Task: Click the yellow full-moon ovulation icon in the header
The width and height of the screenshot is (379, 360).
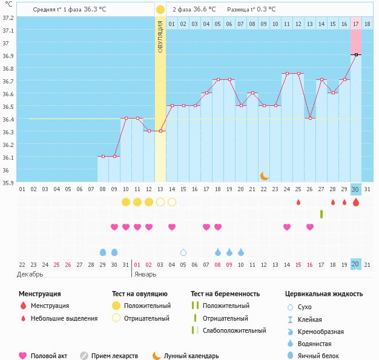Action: pyautogui.click(x=160, y=10)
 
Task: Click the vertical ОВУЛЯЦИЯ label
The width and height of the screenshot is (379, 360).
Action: pyautogui.click(x=160, y=36)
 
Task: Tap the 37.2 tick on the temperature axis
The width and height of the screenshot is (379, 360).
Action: pyautogui.click(x=8, y=18)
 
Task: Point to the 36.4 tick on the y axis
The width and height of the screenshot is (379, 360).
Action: pyautogui.click(x=8, y=119)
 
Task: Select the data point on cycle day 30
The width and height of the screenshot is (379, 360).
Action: pyautogui.click(x=356, y=54)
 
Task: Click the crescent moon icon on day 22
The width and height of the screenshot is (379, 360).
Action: pyautogui.click(x=265, y=175)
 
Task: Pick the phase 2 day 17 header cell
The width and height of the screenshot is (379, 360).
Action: pyautogui.click(x=355, y=24)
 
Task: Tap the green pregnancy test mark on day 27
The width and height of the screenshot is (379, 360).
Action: pyautogui.click(x=321, y=214)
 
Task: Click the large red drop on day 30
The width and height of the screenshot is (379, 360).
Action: pyautogui.click(x=356, y=202)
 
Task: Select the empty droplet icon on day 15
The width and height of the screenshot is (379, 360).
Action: pyautogui.click(x=183, y=252)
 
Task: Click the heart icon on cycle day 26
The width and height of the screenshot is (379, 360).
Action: pyautogui.click(x=310, y=227)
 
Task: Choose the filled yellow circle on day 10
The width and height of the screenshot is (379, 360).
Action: pyautogui.click(x=126, y=201)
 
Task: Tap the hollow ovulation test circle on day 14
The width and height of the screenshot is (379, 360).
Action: pyautogui.click(x=172, y=201)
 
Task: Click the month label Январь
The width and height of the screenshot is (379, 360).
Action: pyautogui.click(x=144, y=274)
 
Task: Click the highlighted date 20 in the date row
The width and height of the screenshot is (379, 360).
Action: pyautogui.click(x=356, y=264)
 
